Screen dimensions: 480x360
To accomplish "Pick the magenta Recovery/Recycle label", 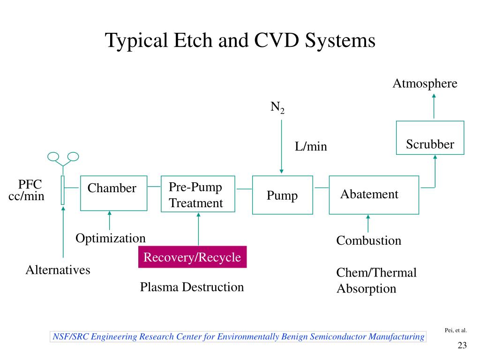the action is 193,257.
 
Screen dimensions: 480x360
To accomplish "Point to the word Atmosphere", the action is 425,83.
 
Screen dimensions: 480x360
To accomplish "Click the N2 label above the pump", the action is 277,108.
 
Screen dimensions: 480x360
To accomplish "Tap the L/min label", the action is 311,146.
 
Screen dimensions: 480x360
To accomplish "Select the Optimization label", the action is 111,239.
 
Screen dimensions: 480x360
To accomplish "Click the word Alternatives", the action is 58,270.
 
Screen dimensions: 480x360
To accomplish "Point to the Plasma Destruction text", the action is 192,287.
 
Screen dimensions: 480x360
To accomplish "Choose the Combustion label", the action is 368,240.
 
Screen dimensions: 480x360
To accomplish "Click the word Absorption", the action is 367,289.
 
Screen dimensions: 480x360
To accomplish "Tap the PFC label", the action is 30,184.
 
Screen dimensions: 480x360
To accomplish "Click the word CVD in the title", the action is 277,40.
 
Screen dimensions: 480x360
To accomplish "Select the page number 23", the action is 462,345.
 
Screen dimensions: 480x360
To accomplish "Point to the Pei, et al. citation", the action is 456,330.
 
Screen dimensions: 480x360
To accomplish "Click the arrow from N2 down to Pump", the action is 282,147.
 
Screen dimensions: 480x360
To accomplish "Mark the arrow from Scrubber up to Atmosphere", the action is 434,106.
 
